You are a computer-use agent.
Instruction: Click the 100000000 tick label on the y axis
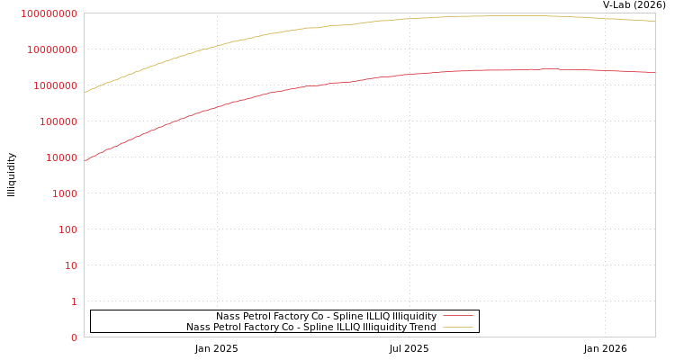coord(49,13)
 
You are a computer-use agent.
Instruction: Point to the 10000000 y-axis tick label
coord(52,49)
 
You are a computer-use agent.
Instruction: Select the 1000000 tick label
coord(55,85)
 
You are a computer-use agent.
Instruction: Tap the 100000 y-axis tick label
coord(58,121)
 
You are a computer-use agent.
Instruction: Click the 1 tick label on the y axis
coord(74,301)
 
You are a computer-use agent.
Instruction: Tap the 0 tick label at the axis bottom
coord(74,337)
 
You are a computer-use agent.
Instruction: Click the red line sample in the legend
coord(458,316)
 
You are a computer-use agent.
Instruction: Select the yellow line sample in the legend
coord(458,327)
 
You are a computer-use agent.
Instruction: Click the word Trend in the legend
coord(422,327)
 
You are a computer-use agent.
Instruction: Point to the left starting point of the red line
coord(85,160)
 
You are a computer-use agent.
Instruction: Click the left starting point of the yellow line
coord(85,92)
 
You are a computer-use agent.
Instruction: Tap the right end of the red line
coord(654,72)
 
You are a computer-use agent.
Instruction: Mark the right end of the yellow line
coord(654,21)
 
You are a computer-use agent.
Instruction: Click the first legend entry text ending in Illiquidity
coord(326,316)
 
